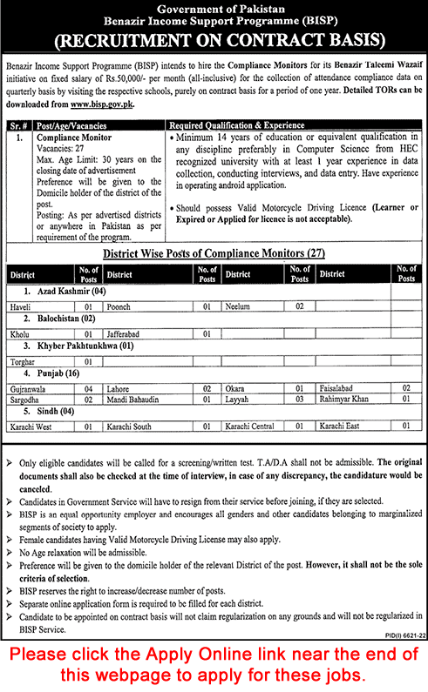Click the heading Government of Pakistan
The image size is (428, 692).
(213, 8)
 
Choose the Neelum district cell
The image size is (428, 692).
(237, 307)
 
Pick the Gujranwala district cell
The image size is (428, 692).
(30, 386)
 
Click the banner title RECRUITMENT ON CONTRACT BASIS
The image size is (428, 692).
(213, 40)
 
